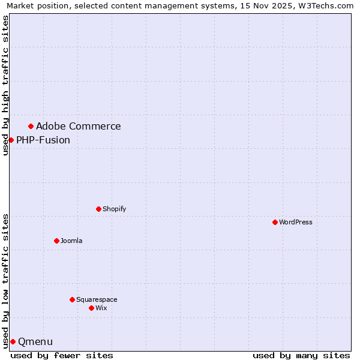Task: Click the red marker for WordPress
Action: pos(275,222)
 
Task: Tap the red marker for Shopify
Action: pos(98,209)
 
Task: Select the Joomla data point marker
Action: pos(56,241)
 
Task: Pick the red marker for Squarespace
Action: pos(72,299)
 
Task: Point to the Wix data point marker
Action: pos(91,308)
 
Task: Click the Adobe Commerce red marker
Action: pos(31,126)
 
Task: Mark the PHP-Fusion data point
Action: pos(11,140)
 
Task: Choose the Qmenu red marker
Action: pos(13,341)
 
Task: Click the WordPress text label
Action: pos(296,223)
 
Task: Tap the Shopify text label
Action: pos(114,209)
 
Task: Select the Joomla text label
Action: pos(71,241)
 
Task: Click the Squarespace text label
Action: pos(97,300)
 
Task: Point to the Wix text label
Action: pos(101,308)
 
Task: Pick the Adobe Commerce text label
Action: pos(79,127)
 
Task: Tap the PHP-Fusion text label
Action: pos(43,140)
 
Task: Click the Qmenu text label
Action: pos(35,342)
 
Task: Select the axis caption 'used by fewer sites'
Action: pos(62,355)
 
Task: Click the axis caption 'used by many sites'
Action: pos(301,355)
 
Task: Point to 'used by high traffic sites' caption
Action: pos(5,85)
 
